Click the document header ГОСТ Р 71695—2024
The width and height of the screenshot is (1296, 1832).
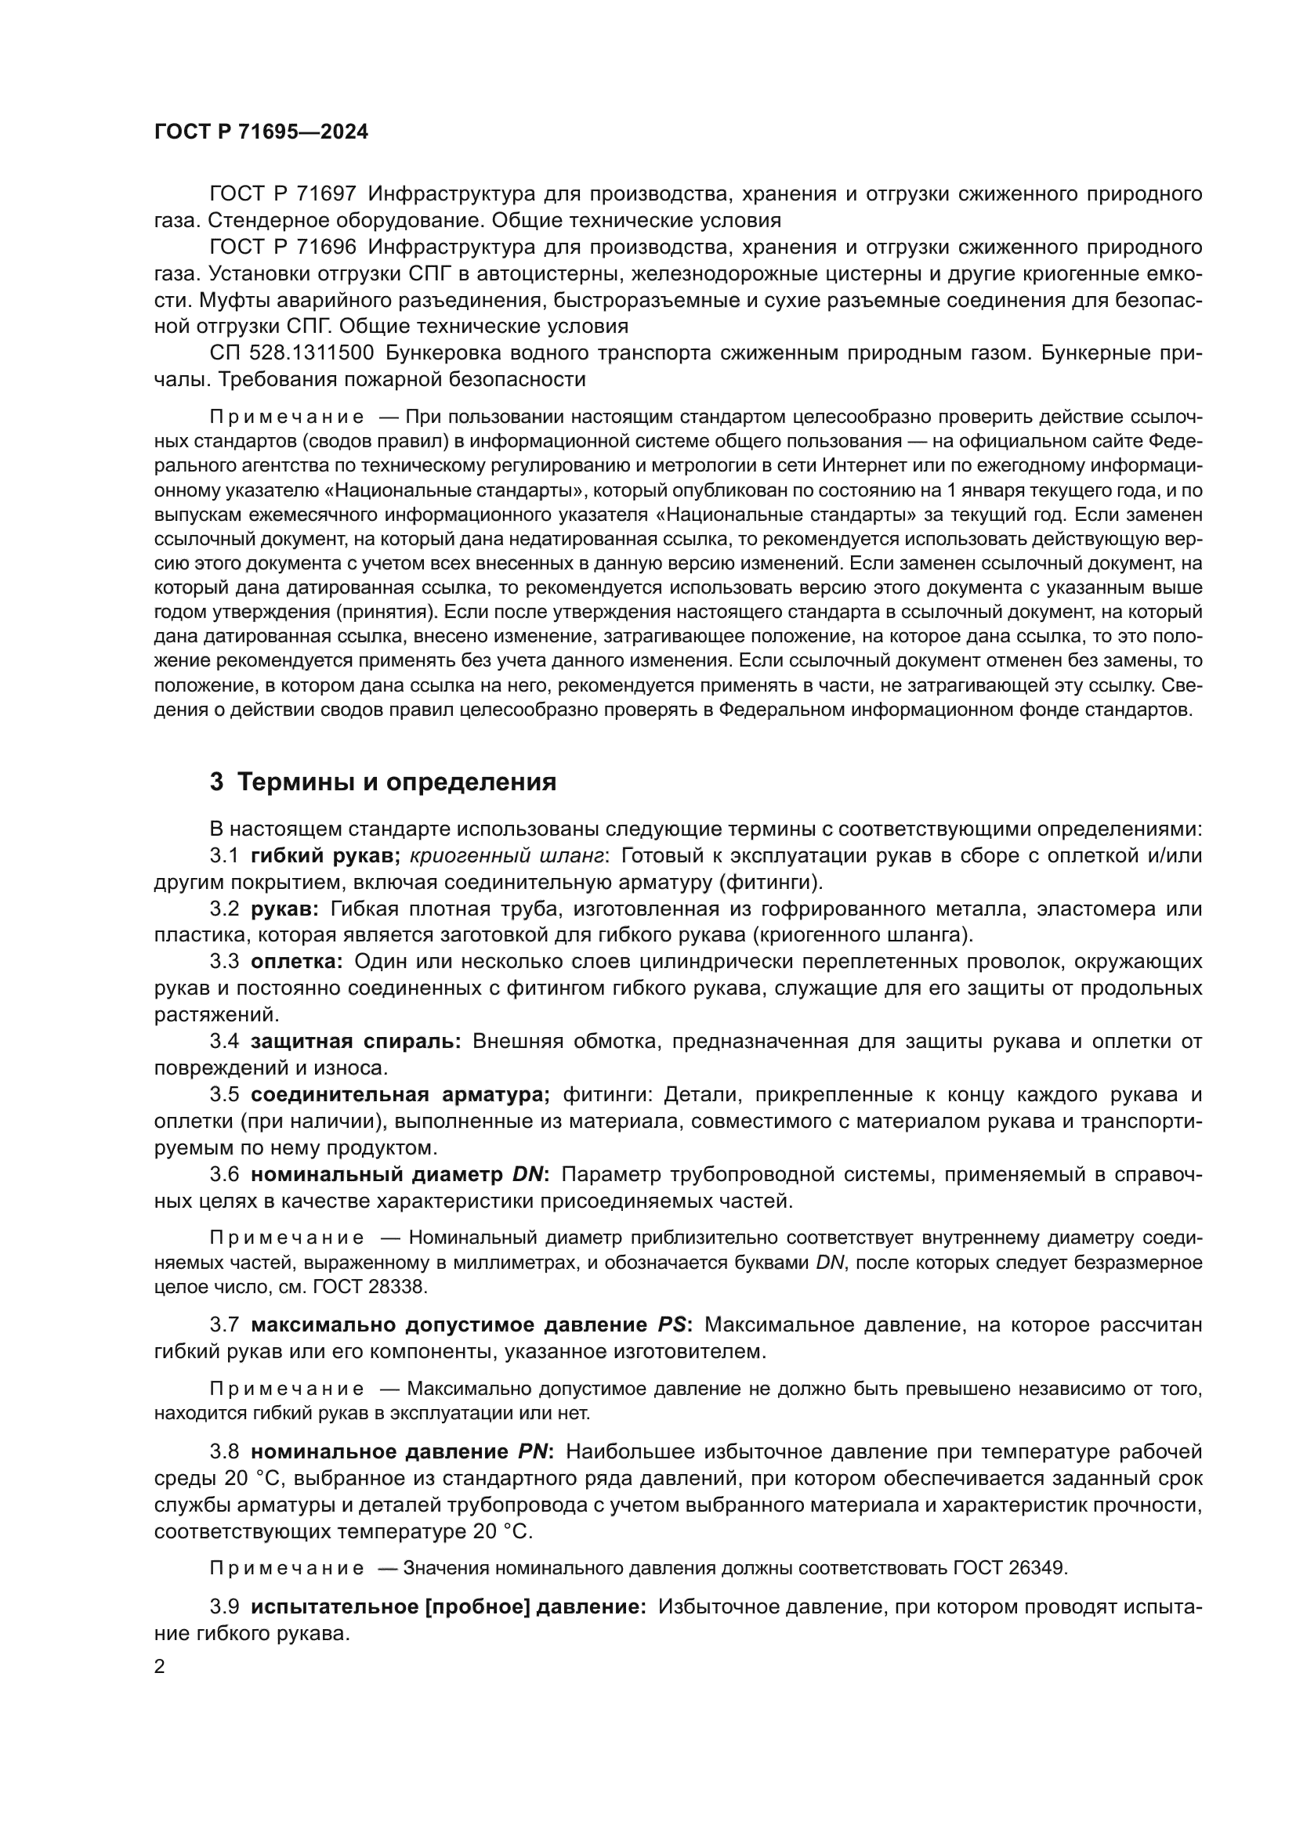[261, 132]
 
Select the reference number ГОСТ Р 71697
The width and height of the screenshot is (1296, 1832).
[283, 194]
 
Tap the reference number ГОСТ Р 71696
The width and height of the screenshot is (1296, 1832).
[283, 248]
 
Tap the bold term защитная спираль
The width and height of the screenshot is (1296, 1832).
[355, 1042]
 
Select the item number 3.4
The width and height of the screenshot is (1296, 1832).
[224, 1042]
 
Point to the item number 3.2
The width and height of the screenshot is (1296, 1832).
[224, 909]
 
